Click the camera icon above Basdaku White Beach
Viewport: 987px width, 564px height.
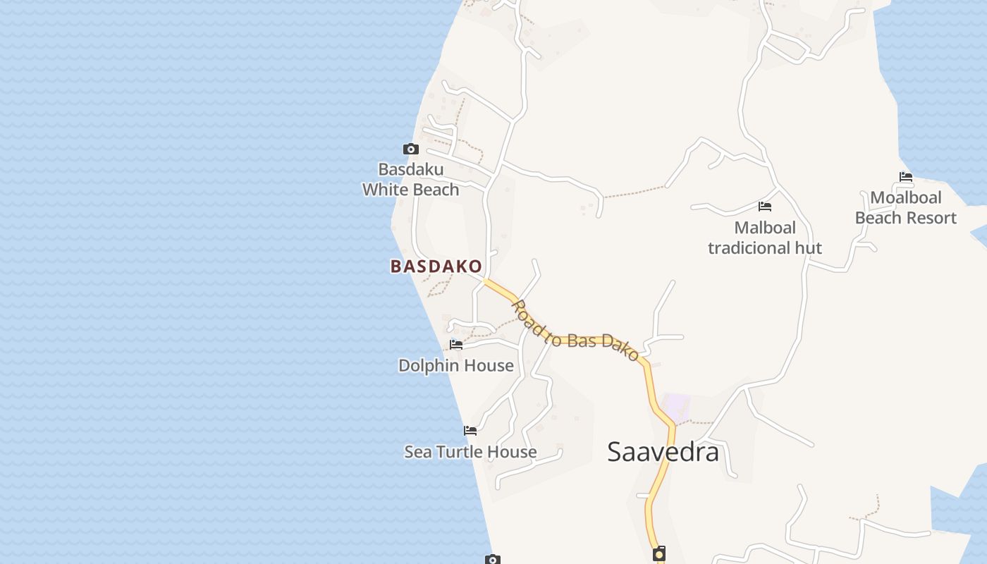pos(410,149)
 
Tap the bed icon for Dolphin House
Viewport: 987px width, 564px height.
pos(456,345)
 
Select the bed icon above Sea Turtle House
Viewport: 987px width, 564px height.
pos(470,430)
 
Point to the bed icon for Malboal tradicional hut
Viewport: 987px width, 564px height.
pos(765,207)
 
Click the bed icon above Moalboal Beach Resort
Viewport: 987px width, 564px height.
pos(906,177)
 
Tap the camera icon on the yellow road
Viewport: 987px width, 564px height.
pos(659,553)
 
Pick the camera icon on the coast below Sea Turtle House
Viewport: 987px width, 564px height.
pos(493,559)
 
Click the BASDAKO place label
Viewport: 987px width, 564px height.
pos(436,266)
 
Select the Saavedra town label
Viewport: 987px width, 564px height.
pos(663,452)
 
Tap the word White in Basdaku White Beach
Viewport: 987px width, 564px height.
pos(386,190)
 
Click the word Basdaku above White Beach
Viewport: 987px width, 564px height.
pos(411,169)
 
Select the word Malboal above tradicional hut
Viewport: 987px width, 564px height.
pos(765,228)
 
